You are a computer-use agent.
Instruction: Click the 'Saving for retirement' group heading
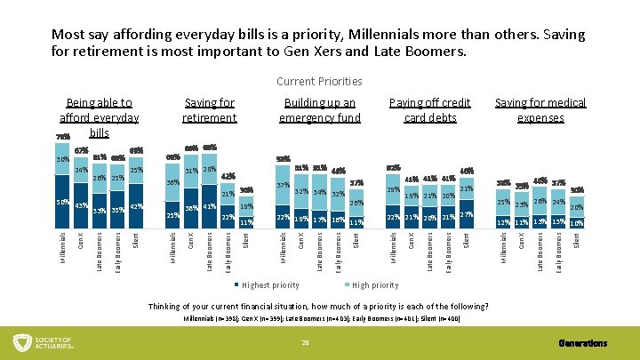(209, 110)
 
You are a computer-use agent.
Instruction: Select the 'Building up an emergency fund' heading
(319, 110)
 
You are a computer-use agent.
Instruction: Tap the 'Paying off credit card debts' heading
(429, 110)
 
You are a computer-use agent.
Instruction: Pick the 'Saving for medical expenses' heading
(540, 110)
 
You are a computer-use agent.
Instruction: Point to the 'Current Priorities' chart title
(319, 81)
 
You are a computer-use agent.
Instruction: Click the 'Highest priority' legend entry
(270, 285)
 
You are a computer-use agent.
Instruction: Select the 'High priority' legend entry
(375, 285)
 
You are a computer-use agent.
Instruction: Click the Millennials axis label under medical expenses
(504, 246)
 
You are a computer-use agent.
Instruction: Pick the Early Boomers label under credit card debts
(448, 249)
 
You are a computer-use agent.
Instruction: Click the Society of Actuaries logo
(53, 343)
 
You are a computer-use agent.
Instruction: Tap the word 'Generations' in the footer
(584, 343)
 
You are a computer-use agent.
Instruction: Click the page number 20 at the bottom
(305, 343)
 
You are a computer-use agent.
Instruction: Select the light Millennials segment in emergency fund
(283, 186)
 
